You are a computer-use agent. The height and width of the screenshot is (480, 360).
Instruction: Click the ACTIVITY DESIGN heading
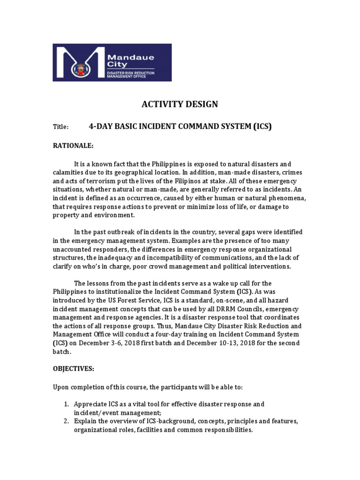(x=180, y=104)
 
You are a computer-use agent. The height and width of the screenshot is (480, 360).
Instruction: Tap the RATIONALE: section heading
(x=73, y=146)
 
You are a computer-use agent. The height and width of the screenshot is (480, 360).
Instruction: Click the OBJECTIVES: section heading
(x=73, y=368)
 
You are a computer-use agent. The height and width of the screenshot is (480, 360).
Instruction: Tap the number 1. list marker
(x=66, y=404)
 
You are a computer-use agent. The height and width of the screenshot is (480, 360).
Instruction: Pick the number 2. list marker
(x=66, y=421)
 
